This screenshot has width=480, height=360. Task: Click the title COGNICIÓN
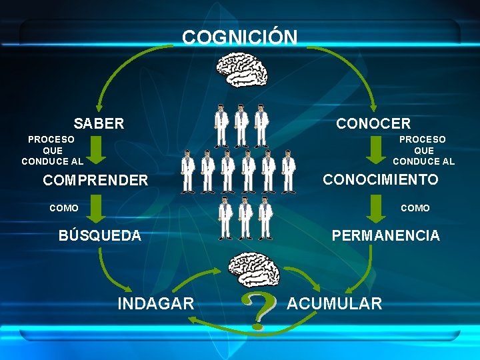point(240,37)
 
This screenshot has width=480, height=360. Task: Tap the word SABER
point(99,123)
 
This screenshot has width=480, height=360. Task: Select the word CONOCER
point(373,123)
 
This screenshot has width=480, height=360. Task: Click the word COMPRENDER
point(95,180)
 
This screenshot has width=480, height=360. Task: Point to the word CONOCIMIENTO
point(381,179)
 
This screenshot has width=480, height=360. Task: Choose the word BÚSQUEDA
point(100,235)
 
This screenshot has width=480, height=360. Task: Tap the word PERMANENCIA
point(386,235)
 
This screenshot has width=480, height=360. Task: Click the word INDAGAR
point(156,304)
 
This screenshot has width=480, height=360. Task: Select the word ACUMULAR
point(335,304)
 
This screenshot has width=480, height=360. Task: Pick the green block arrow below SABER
point(97,149)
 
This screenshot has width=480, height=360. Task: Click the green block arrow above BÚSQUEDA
point(97,208)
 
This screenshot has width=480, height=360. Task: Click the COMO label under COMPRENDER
point(64,208)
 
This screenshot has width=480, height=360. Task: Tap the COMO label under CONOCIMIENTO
point(415,208)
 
